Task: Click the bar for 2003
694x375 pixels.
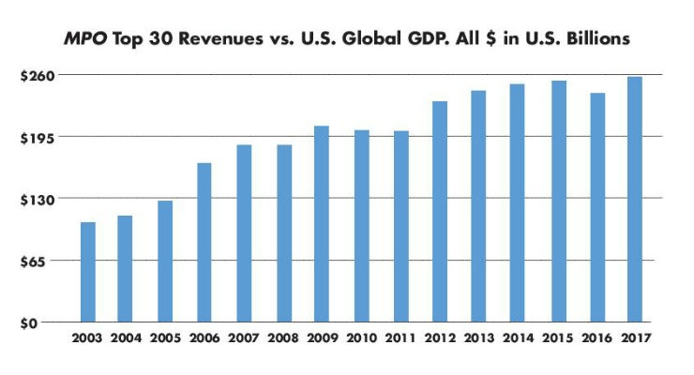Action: pos(87,272)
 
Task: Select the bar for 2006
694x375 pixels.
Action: pos(204,243)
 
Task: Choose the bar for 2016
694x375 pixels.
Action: pos(596,207)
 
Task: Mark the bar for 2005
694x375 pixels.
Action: pos(165,262)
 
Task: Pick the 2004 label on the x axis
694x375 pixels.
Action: pos(126,338)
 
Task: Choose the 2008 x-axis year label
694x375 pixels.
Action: pos(282,338)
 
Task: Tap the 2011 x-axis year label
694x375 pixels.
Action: pos(400,338)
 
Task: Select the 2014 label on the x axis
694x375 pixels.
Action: pos(518,338)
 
